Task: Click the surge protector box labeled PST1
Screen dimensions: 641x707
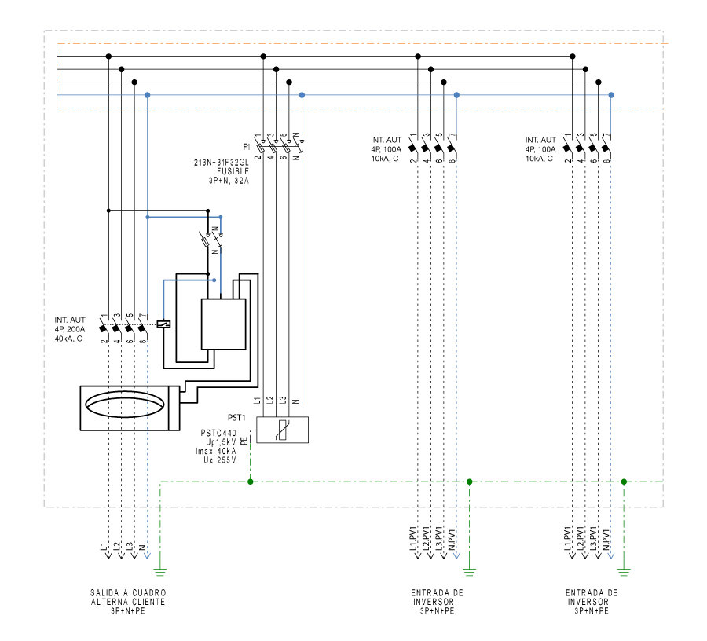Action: point(283,430)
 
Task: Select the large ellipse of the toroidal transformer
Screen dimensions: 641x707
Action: point(126,408)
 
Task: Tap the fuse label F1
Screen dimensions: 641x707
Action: point(246,147)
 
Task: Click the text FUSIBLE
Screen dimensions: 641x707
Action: point(233,171)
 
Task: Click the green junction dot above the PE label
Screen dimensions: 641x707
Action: point(250,482)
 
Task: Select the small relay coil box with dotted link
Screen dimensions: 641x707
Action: point(165,324)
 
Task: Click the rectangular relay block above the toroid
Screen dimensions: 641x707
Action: point(224,324)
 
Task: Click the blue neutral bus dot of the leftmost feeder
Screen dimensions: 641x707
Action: point(148,95)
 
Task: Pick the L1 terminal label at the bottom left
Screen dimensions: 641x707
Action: point(104,544)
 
